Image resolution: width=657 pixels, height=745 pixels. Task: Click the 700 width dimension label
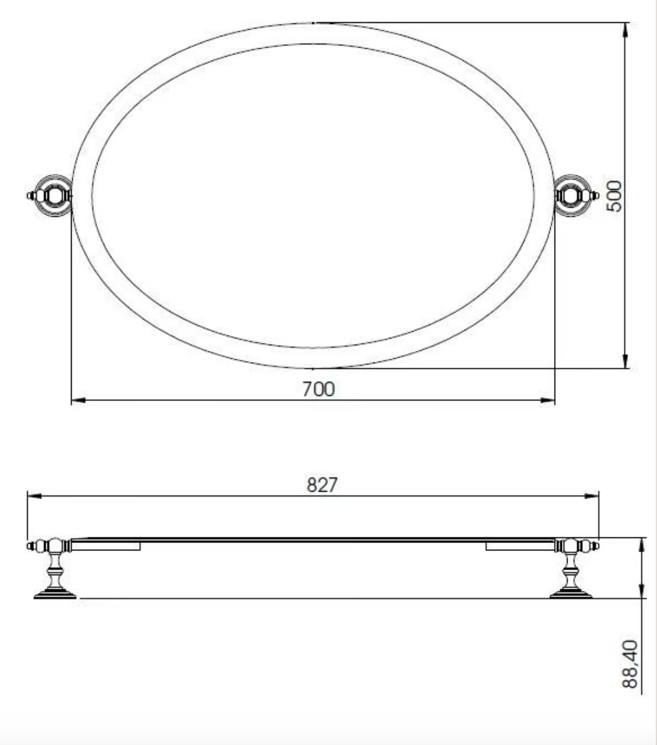318,389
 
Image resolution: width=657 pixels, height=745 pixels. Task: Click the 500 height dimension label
614,195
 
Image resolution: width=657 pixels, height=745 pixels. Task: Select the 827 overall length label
322,485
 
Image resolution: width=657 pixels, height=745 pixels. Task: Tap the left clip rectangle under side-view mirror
106,546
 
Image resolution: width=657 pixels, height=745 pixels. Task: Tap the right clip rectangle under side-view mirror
520,546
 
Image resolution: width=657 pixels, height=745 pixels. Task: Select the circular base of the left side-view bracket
55,595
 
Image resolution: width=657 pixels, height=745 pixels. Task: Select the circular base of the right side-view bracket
571,595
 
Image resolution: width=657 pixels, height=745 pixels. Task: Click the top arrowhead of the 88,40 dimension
643,544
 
